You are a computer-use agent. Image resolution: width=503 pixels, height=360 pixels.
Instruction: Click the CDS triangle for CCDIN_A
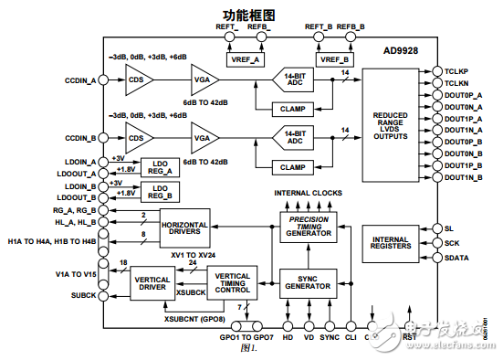139,80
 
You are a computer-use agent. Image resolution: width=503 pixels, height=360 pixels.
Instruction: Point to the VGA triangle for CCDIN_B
204,140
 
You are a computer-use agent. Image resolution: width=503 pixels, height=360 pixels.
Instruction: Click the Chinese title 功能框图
251,14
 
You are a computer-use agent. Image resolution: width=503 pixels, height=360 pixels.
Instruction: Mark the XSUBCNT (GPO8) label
194,318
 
